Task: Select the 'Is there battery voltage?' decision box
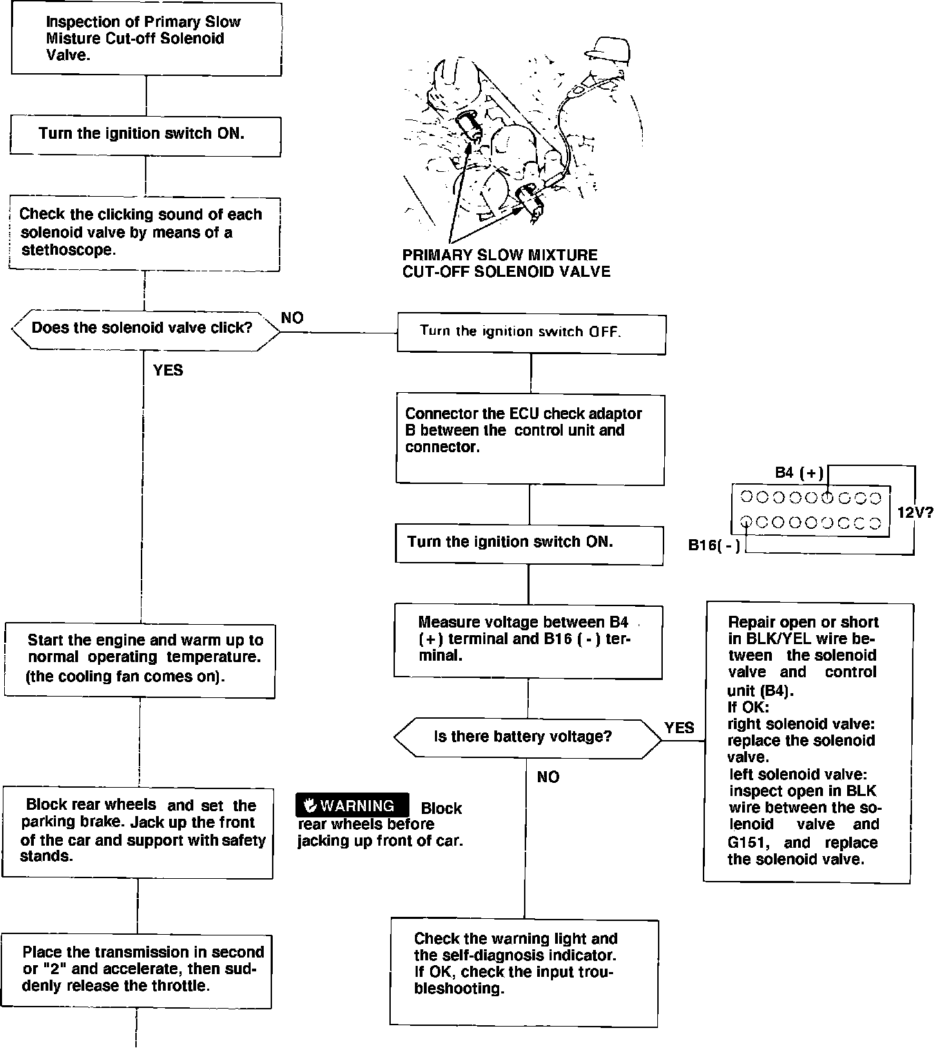[527, 737]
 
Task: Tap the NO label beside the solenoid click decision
[293, 318]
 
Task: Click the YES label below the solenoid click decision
[168, 371]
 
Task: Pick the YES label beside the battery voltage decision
[679, 728]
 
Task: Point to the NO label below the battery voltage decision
[548, 777]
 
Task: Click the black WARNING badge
[352, 805]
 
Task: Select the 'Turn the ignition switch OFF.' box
[530, 333]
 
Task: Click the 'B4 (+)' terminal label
[799, 473]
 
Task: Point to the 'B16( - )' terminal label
[714, 545]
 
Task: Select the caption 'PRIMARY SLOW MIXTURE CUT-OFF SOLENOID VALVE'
[506, 263]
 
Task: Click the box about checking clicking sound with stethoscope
[144, 233]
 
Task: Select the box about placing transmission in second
[136, 970]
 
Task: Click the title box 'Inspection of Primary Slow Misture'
[146, 39]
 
